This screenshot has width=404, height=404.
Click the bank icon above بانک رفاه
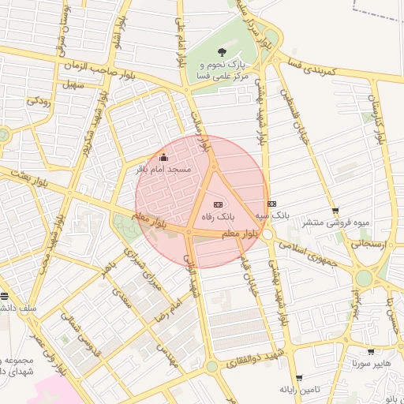[x=219, y=204]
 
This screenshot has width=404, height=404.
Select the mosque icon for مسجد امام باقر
[x=163, y=157]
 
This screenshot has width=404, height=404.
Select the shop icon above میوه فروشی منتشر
[x=336, y=211]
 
